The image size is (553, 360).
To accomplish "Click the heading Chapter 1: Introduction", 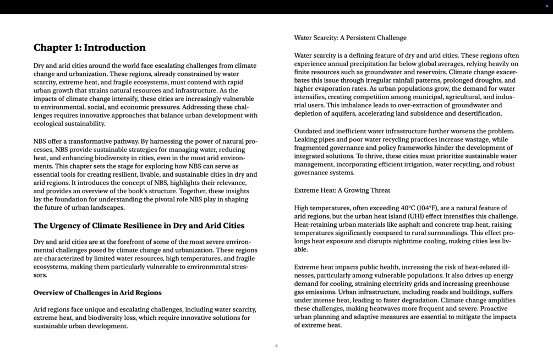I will [x=90, y=48].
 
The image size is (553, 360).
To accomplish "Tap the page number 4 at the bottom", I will [x=276, y=346].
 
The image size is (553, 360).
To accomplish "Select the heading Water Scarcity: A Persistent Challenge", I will [x=350, y=38].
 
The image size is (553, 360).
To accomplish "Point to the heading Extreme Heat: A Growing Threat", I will [x=342, y=190].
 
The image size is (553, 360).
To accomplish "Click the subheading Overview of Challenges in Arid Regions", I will [x=97, y=293].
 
